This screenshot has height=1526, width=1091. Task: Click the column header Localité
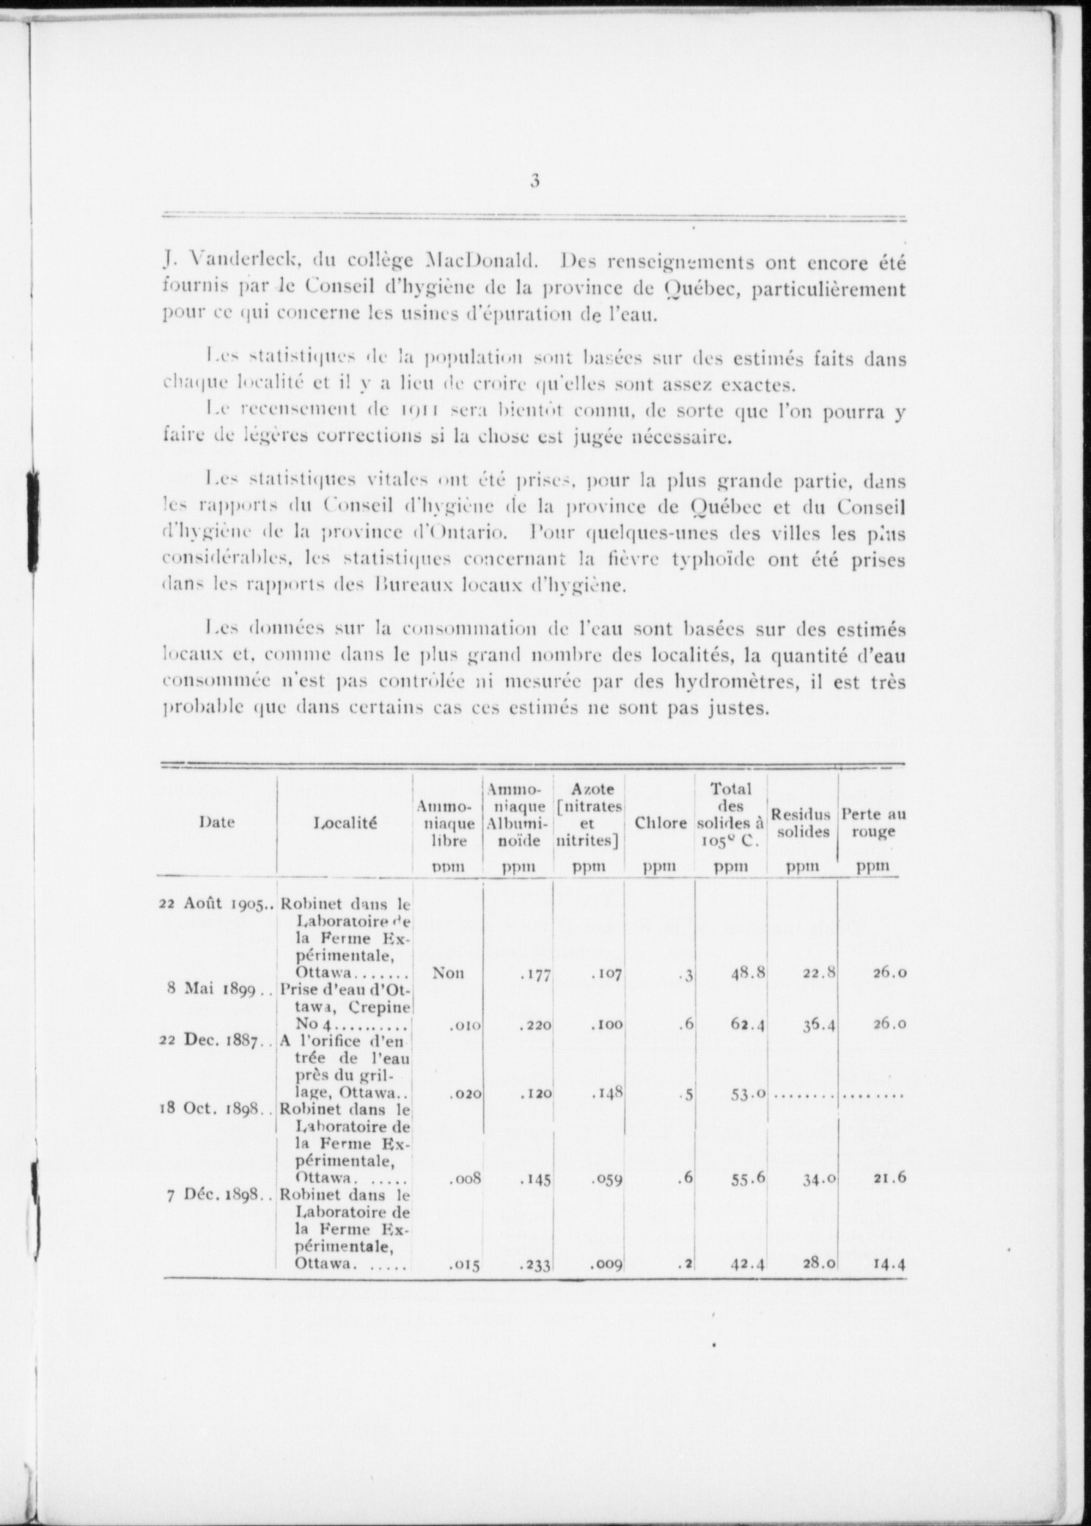point(345,823)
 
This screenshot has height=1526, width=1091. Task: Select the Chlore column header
point(661,823)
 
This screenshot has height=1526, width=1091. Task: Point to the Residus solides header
point(801,822)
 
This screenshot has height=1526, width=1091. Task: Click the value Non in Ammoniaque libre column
point(447,973)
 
